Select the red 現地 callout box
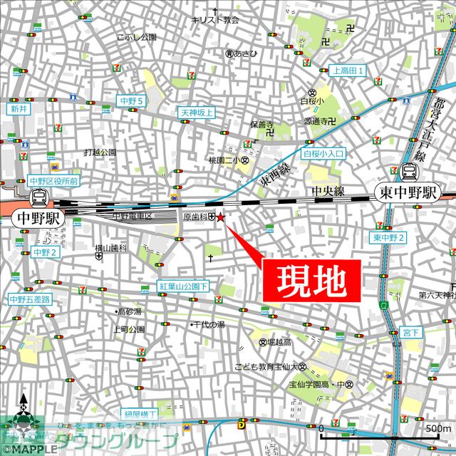tap(311, 279)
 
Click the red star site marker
tap(220, 217)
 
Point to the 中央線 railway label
tap(328, 191)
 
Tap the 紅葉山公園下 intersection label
tap(184, 286)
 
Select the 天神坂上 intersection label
tap(196, 113)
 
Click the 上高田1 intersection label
tap(348, 71)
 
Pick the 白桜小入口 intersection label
tap(324, 152)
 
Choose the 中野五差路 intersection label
tap(30, 300)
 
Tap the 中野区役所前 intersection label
tap(53, 181)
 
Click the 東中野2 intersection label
tap(388, 237)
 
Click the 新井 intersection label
tap(18, 109)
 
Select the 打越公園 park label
tap(99, 152)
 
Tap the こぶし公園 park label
tap(137, 36)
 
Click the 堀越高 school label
tap(279, 343)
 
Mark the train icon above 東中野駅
tap(410, 171)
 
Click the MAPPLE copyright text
tap(28, 450)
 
